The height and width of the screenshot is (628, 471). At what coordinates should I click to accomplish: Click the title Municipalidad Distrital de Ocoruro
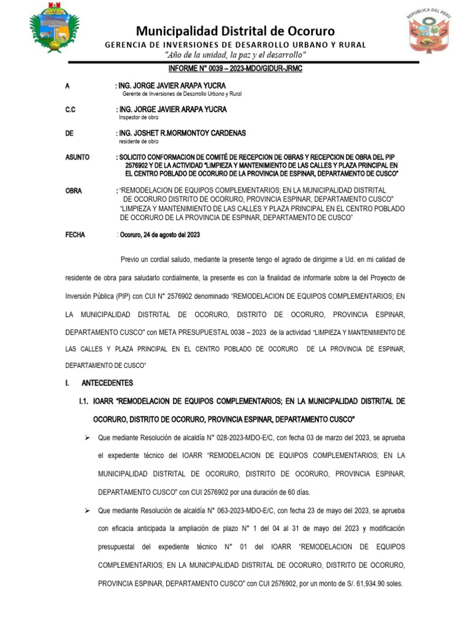[235, 31]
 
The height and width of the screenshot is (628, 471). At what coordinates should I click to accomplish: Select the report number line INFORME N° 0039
[235, 69]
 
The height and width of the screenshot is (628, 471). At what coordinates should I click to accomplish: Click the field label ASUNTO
[77, 158]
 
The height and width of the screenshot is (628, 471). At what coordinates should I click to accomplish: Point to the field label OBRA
[73, 191]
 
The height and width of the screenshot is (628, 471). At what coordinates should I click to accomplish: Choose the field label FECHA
[75, 235]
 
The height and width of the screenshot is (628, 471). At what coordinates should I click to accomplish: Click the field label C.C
[70, 109]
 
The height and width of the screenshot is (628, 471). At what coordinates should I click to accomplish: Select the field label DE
[69, 133]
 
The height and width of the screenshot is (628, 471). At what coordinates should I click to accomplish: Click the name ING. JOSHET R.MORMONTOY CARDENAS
[182, 133]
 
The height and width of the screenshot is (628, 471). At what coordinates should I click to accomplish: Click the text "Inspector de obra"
[138, 117]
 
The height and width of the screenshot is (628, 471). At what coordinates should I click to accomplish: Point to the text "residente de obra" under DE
[139, 141]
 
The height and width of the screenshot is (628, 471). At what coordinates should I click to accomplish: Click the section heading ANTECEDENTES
[107, 383]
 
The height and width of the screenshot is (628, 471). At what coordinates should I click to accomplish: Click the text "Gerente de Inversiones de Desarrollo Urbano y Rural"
[182, 94]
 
